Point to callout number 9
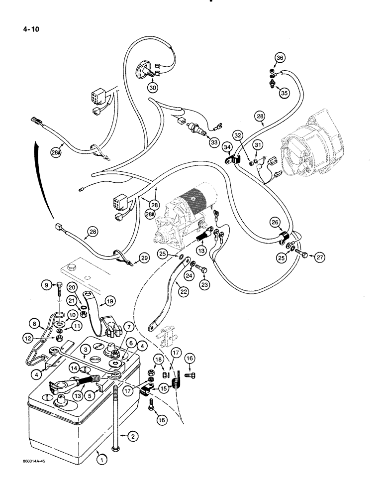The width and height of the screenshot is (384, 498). click(x=47, y=285)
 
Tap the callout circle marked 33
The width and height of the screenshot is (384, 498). click(x=214, y=143)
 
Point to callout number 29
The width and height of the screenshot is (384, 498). click(x=144, y=257)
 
